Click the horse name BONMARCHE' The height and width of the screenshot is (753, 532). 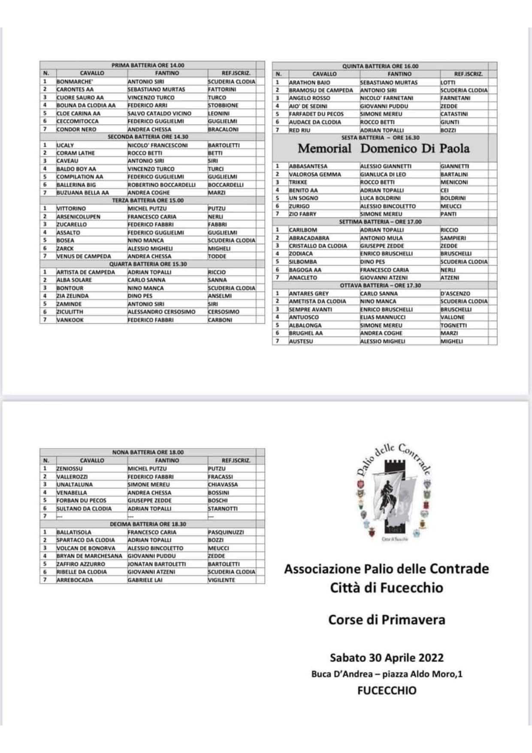[75, 82]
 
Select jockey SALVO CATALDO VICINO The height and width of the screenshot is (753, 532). [159, 113]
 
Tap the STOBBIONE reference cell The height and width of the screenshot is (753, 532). [223, 105]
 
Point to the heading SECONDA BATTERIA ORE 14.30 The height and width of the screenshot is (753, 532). [148, 137]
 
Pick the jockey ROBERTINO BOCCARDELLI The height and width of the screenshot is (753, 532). [161, 184]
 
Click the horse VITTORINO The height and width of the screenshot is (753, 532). [71, 209]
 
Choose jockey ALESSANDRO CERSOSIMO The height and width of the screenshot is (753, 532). [161, 312]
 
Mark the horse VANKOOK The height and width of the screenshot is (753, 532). [70, 320]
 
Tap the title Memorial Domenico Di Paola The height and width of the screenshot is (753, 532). [384, 149]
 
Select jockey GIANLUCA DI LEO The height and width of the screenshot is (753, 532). [383, 174]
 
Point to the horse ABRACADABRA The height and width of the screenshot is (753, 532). [309, 238]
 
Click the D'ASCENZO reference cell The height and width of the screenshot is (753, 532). [455, 293]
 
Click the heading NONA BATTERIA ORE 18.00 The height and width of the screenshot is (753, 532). [148, 452]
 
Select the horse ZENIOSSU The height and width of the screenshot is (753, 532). [70, 469]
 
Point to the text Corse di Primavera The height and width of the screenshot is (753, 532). [387, 620]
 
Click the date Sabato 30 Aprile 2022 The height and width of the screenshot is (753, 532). [387, 657]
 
